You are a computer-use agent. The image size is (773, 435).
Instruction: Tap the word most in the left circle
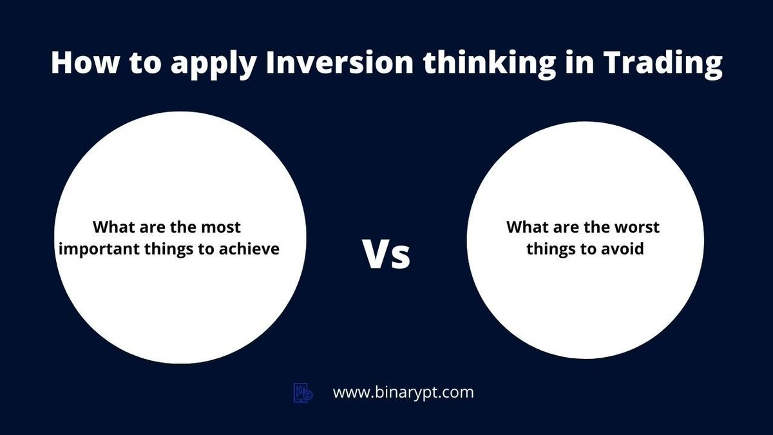[x=219, y=227]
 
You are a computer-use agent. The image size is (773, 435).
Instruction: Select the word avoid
[x=622, y=248]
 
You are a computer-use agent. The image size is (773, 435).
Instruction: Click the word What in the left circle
[x=114, y=227]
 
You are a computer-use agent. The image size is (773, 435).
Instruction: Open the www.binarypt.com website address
[x=403, y=392]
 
